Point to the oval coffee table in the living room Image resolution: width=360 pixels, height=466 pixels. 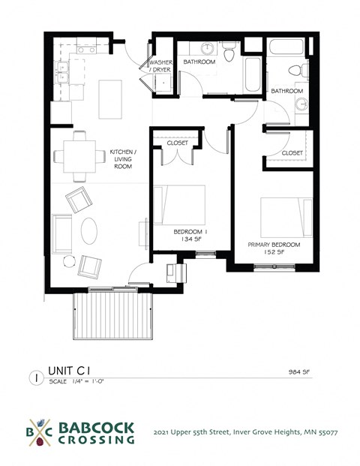click(89, 230)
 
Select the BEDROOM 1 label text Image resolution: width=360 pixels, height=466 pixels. click(190, 232)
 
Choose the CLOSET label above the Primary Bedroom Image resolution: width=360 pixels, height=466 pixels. click(292, 152)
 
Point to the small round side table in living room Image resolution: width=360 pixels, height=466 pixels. click(69, 260)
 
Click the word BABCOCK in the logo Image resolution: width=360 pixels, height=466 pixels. click(97, 428)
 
